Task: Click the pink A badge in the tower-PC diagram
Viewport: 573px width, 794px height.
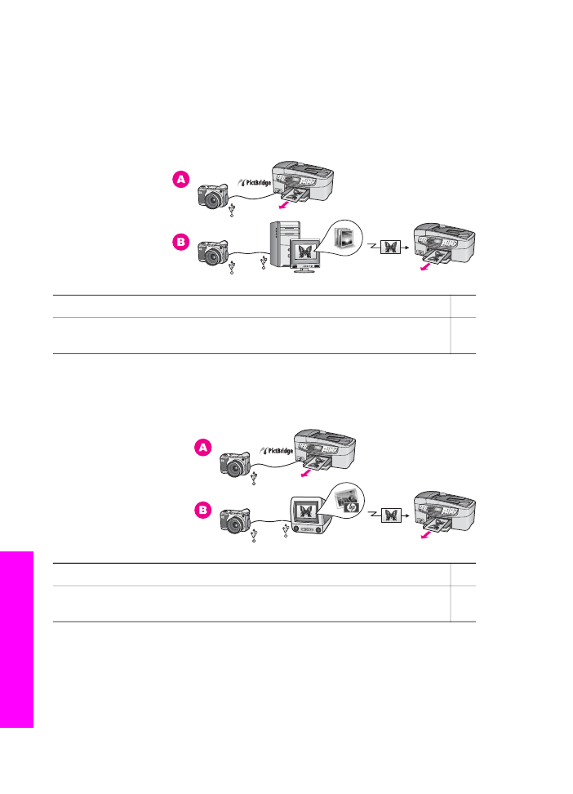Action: [x=180, y=179]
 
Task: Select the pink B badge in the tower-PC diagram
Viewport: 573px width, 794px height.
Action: [x=180, y=242]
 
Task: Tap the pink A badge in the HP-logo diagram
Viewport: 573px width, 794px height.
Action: [x=203, y=448]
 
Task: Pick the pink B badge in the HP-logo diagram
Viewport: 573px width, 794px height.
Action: [x=203, y=510]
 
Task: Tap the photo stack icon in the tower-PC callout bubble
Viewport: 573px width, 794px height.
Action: [x=347, y=237]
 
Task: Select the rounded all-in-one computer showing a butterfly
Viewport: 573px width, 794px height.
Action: [x=310, y=515]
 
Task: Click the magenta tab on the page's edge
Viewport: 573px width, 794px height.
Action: [x=16, y=640]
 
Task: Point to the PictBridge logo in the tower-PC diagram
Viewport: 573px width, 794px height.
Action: [x=255, y=183]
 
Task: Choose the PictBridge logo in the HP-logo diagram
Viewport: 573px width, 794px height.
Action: [x=277, y=451]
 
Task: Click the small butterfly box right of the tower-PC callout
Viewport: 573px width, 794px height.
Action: [x=390, y=248]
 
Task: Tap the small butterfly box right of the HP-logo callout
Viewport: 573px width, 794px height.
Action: [x=391, y=515]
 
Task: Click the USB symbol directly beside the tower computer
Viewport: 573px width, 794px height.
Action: [x=263, y=262]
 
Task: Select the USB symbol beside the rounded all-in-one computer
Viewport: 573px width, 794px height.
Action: [x=286, y=530]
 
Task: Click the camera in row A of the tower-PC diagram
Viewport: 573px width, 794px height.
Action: [x=213, y=196]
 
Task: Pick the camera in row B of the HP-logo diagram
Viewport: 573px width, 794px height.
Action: [x=235, y=521]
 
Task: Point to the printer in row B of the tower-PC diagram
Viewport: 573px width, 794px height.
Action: [x=444, y=244]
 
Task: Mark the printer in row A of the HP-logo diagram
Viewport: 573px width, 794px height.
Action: [x=325, y=450]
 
